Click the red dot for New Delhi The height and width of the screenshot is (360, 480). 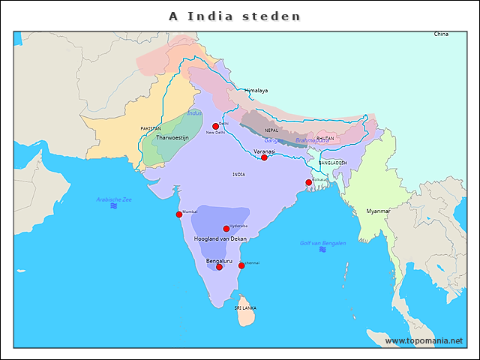point(215,126)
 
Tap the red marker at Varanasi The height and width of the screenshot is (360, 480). point(264,157)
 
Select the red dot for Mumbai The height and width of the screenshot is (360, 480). point(179,214)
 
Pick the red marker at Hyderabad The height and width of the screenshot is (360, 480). point(226,229)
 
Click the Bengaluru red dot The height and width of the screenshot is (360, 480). point(219,267)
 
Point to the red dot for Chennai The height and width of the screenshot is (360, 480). point(241,265)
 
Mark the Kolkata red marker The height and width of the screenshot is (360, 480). point(308,182)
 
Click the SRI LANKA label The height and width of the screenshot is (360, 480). point(245,308)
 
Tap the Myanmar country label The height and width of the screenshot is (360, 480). point(378,211)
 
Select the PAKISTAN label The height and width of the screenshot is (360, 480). point(151,129)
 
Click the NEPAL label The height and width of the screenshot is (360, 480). point(271,130)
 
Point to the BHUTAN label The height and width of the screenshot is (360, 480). point(325,138)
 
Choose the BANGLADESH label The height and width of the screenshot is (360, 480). point(332,163)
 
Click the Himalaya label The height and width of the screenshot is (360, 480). point(256,91)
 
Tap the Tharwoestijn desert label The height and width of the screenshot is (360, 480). point(172,138)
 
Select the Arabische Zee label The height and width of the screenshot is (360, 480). point(114,199)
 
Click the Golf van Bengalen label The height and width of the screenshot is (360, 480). point(322,243)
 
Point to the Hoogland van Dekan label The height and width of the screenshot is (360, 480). point(220,238)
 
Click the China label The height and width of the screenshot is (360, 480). point(441,34)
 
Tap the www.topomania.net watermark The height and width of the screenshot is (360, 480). point(424,340)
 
